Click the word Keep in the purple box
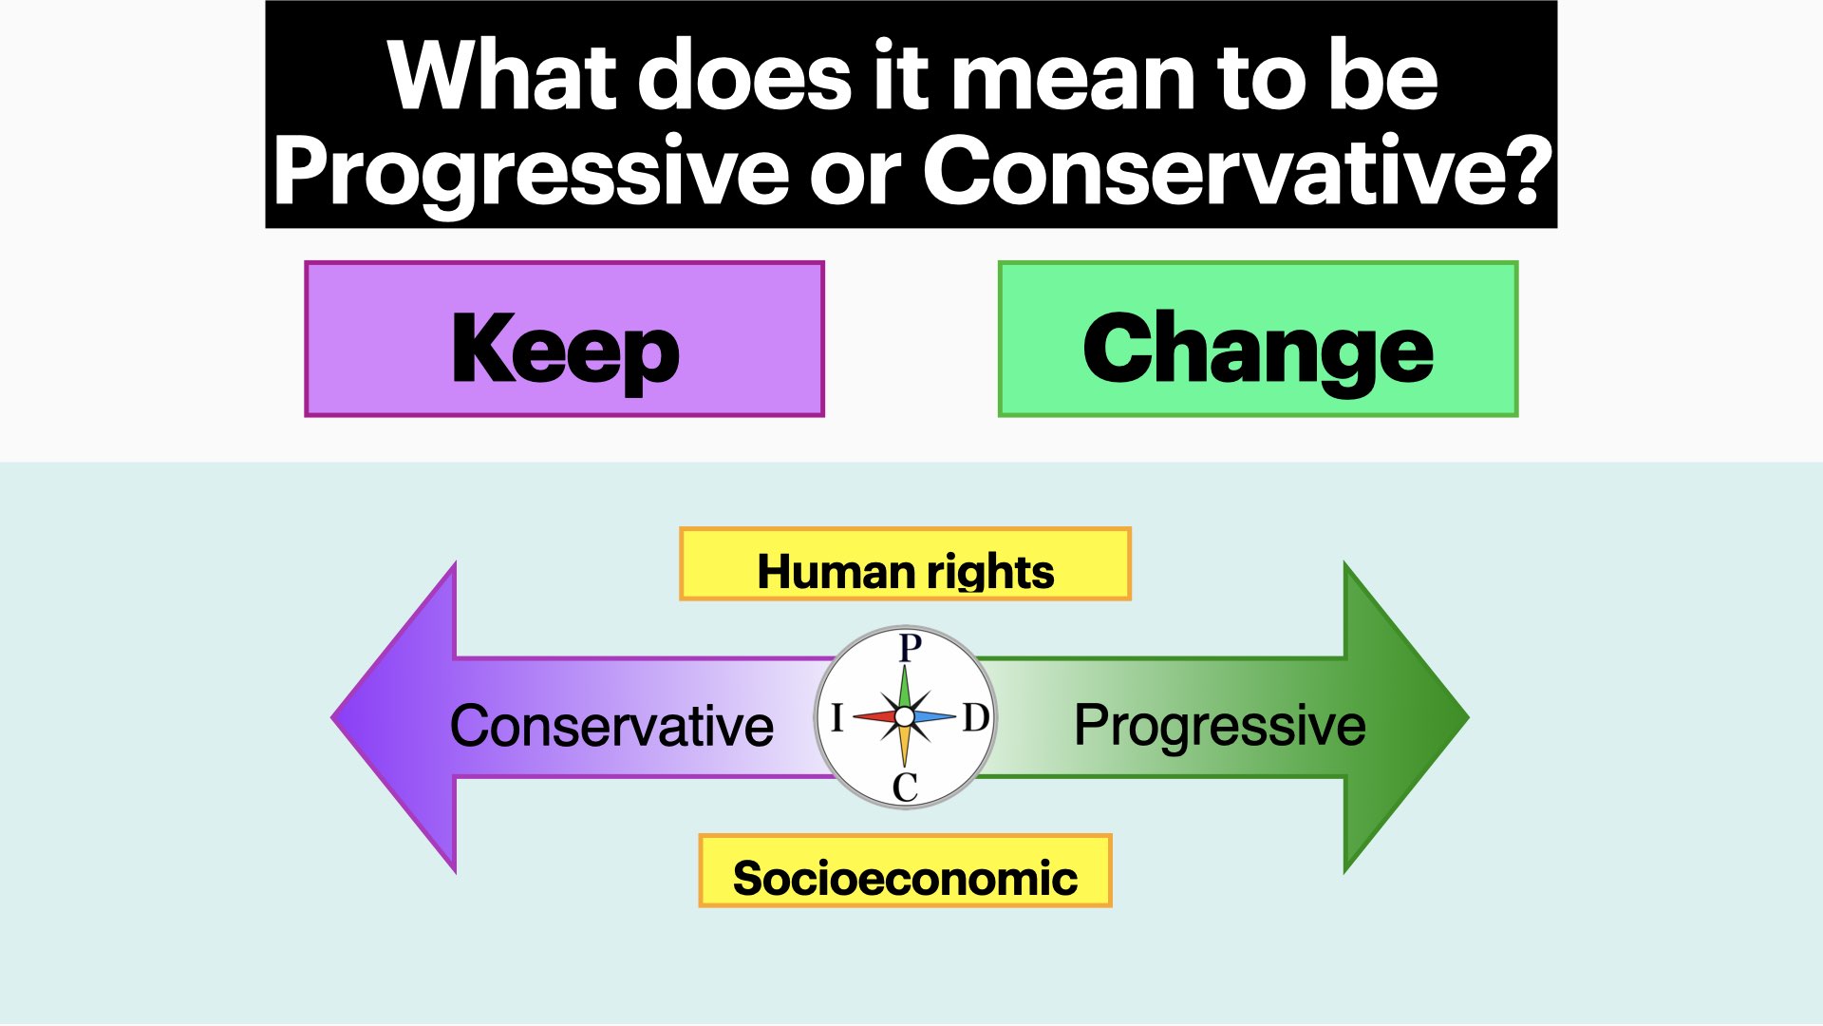tap(566, 350)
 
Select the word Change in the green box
tap(1258, 350)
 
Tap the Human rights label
tap(906, 571)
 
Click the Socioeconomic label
tap(905, 878)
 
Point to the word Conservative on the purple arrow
tap(611, 726)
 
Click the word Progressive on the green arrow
tap(1220, 727)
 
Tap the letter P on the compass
tap(910, 648)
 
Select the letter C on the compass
tap(906, 787)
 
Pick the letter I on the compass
tap(836, 717)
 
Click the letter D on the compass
tap(976, 717)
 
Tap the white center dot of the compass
tap(905, 716)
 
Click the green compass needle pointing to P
tap(905, 687)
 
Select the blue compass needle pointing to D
tap(934, 716)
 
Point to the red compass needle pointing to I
tap(874, 716)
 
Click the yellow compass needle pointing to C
tap(905, 746)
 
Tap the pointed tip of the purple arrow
tap(331, 717)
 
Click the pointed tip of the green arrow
tap(1469, 717)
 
